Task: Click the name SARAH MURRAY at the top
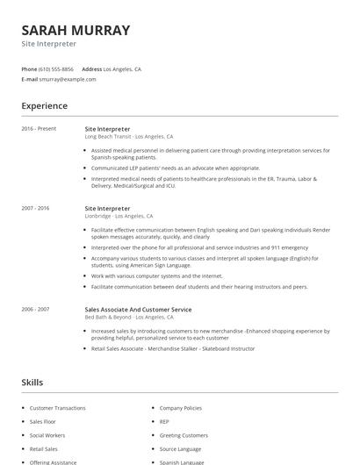pyautogui.click(x=76, y=30)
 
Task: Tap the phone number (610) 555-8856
pyautogui.click(x=57, y=68)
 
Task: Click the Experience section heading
pyautogui.click(x=44, y=106)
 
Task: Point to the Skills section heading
pyautogui.click(x=32, y=383)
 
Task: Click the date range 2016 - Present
pyautogui.click(x=39, y=129)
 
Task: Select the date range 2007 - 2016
pyautogui.click(x=35, y=208)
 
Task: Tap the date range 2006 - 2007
pyautogui.click(x=35, y=309)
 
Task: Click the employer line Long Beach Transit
pyautogui.click(x=128, y=137)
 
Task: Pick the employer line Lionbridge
pyautogui.click(x=119, y=216)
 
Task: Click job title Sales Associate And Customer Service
pyautogui.click(x=138, y=309)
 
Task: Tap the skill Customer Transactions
pyautogui.click(x=57, y=408)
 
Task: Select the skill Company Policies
pyautogui.click(x=180, y=408)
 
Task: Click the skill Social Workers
pyautogui.click(x=48, y=435)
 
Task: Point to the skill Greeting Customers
pyautogui.click(x=184, y=435)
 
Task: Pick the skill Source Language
pyautogui.click(x=181, y=448)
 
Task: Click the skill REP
pyautogui.click(x=163, y=421)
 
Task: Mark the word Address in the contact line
pyautogui.click(x=91, y=68)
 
